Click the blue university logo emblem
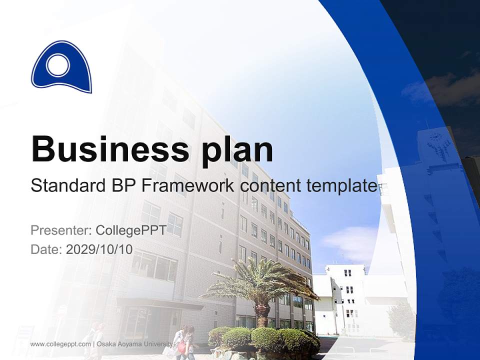[x=61, y=68]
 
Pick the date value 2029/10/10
[x=99, y=249]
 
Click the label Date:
[x=46, y=249]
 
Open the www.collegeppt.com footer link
[x=60, y=344]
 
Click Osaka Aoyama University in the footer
[x=134, y=344]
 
